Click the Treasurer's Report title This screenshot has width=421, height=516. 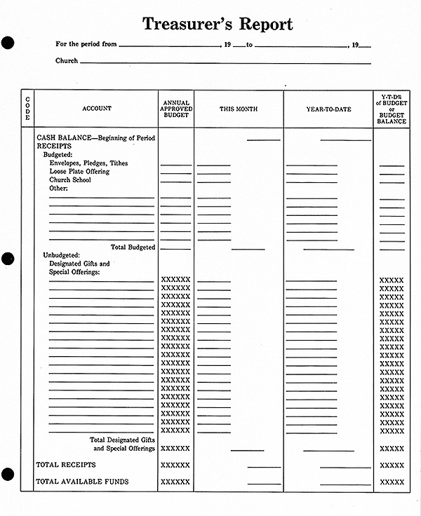coord(218,24)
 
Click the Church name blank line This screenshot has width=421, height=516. coord(225,63)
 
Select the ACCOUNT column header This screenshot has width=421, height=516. coord(97,109)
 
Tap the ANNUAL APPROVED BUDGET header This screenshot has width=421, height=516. coord(175,109)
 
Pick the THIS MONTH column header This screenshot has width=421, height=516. coord(239,109)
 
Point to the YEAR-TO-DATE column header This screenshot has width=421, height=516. coord(328,109)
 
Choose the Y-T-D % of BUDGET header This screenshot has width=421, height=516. coord(391,109)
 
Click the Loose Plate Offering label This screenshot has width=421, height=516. coord(79,172)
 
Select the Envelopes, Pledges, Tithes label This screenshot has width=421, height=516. coord(88,163)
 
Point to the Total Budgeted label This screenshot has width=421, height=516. coord(133,247)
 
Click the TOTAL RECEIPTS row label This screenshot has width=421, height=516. coord(66,465)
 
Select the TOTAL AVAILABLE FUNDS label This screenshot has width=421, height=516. coord(82,482)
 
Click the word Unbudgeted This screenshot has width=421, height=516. coord(62,255)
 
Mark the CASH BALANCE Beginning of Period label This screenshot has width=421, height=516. coord(95,138)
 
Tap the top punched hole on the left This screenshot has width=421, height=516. coord(8,43)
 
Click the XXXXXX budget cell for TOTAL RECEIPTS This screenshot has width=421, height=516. coord(175,465)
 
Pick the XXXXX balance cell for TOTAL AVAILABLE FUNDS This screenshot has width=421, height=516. coord(392,482)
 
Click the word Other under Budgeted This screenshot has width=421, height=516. coord(58,189)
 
